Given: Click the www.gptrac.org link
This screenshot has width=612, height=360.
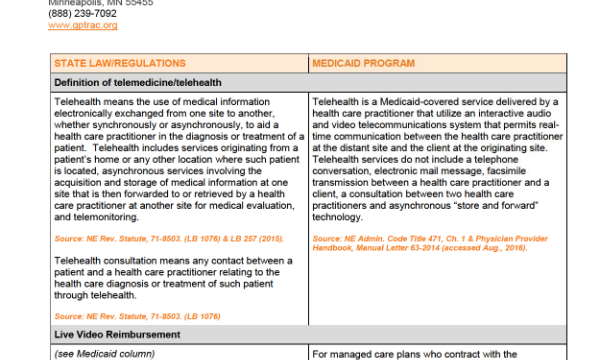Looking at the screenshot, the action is pyautogui.click(x=83, y=25).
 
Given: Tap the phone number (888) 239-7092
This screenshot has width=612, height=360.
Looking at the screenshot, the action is pyautogui.click(x=82, y=14).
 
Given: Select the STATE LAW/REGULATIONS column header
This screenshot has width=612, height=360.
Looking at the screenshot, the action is pyautogui.click(x=120, y=63).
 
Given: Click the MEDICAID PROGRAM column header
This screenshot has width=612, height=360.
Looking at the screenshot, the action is pyautogui.click(x=363, y=63).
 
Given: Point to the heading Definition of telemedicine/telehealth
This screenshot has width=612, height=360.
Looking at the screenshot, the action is pyautogui.click(x=138, y=83).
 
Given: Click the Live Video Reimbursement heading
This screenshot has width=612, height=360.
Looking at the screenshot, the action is pyautogui.click(x=117, y=335).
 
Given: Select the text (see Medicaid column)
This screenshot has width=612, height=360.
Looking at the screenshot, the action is pyautogui.click(x=105, y=354).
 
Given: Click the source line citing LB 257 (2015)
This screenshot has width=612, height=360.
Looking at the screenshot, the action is pyautogui.click(x=169, y=239).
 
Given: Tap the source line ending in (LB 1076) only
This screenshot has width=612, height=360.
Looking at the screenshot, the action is pyautogui.click(x=137, y=316).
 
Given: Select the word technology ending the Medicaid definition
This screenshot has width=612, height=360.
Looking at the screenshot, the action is pyautogui.click(x=337, y=217).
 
